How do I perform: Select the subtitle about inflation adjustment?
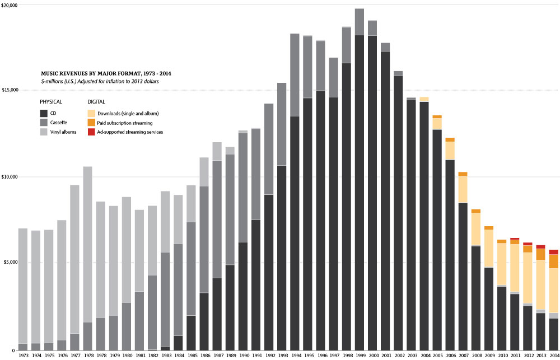point(100,82)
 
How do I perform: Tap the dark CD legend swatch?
point(45,113)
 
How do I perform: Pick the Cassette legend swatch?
point(45,123)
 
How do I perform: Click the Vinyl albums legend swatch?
point(45,132)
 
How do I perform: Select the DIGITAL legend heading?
point(97,102)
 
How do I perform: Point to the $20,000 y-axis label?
point(10,5)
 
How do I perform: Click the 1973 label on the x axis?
point(23,355)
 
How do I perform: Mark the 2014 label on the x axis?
point(553,355)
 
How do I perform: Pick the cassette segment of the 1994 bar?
point(295,75)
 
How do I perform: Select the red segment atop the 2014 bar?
point(553,252)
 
